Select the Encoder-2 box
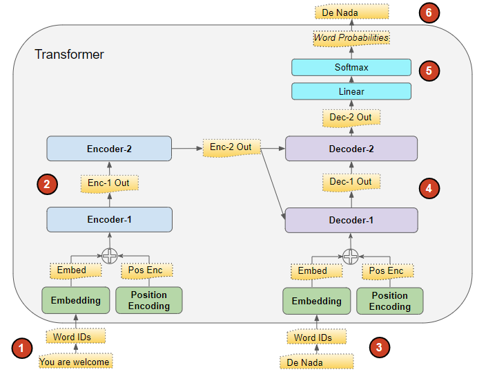pyautogui.click(x=109, y=148)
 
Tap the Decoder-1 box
pyautogui.click(x=351, y=220)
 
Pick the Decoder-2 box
pyautogui.click(x=351, y=148)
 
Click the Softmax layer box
pyautogui.click(x=351, y=67)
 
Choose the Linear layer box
pyautogui.click(x=351, y=91)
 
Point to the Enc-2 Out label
pyautogui.click(x=231, y=147)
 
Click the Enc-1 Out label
pyautogui.click(x=109, y=183)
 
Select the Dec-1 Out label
pyautogui.click(x=351, y=182)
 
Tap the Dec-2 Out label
pyautogui.click(x=351, y=118)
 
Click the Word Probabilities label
pyautogui.click(x=351, y=38)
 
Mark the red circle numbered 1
pyautogui.click(x=23, y=348)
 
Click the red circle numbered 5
pyautogui.click(x=429, y=70)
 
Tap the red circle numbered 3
pyautogui.click(x=378, y=347)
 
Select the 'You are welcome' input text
pyautogui.click(x=75, y=361)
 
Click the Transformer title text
pyautogui.click(x=69, y=54)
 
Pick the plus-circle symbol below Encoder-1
pyautogui.click(x=109, y=256)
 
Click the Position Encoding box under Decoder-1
pyautogui.click(x=389, y=301)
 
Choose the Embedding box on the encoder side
pyautogui.click(x=75, y=300)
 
